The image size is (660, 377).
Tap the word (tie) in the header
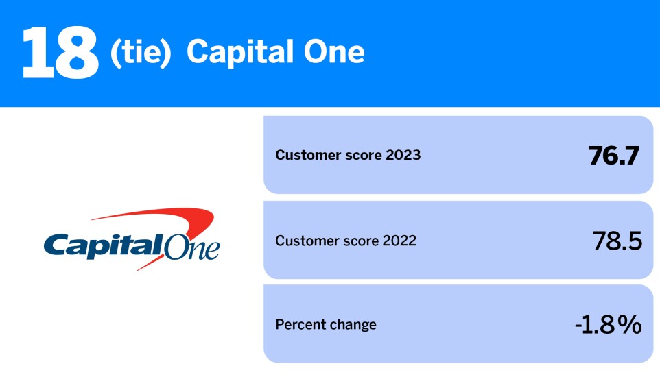click(140, 53)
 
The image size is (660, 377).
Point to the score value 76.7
click(614, 156)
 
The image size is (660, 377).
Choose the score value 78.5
click(617, 241)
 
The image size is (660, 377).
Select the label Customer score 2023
click(348, 156)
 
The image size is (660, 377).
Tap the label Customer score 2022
click(346, 241)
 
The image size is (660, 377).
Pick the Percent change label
click(326, 325)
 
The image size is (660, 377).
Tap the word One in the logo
click(193, 247)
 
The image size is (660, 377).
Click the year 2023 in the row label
click(403, 156)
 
